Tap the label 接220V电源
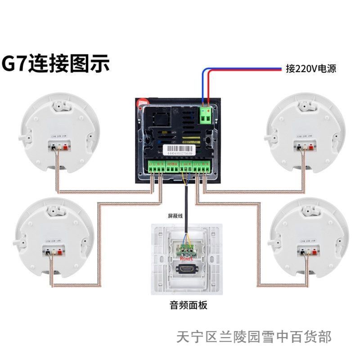click(311, 69)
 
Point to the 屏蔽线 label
click(176, 216)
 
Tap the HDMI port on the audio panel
click(186, 270)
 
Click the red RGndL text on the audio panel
click(186, 259)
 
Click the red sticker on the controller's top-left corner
click(142, 103)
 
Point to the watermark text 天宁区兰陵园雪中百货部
click(254, 337)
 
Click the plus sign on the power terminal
click(209, 111)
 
